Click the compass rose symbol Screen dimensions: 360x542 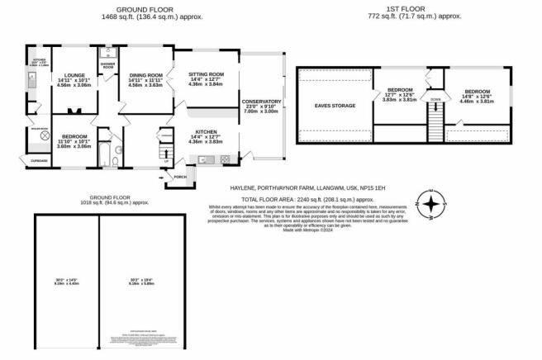(x=431, y=201)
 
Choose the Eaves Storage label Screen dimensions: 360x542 (x=334, y=106)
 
